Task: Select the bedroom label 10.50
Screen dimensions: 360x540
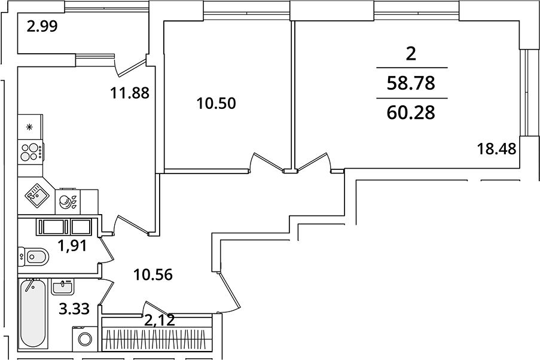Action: [216, 103]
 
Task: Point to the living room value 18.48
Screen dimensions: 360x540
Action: [496, 147]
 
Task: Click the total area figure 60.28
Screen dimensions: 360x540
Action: [410, 111]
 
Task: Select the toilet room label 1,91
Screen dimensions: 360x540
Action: [72, 245]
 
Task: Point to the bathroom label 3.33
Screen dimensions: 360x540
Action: [74, 309]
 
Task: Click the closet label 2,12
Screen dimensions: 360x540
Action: [160, 321]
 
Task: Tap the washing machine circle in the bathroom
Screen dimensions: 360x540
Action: [84, 339]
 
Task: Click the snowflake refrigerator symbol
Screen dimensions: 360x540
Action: [29, 127]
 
